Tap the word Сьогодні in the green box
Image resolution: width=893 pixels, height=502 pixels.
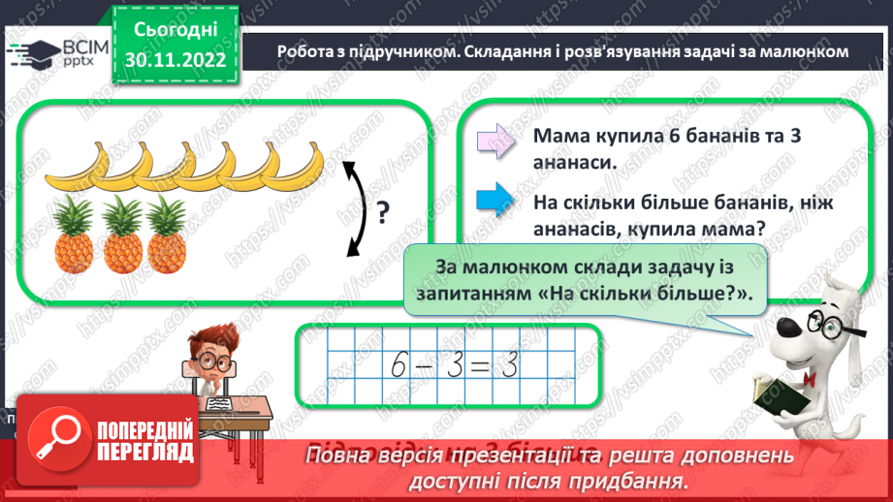click(175, 30)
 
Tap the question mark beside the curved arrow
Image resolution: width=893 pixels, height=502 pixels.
click(382, 210)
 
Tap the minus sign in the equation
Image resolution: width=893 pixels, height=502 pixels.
click(430, 365)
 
